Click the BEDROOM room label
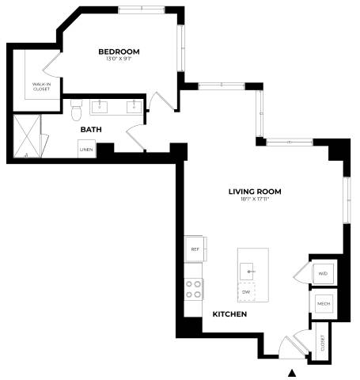pos(119,52)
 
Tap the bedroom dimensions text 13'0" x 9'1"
pos(119,60)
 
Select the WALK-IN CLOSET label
pos(41,86)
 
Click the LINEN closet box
pos(85,148)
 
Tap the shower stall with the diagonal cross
pos(30,136)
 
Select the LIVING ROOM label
pos(255,192)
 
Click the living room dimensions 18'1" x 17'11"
pos(255,200)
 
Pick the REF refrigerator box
pos(195,249)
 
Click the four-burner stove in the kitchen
pos(194,289)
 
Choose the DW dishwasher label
pos(246,292)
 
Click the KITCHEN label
pos(229,314)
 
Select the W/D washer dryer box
pos(323,274)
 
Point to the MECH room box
pos(323,304)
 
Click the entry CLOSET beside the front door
pos(323,341)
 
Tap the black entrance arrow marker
pos(293,373)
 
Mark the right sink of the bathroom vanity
pos(135,105)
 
